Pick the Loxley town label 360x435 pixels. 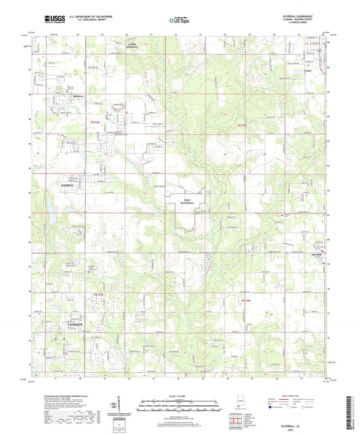coord(307,69)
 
